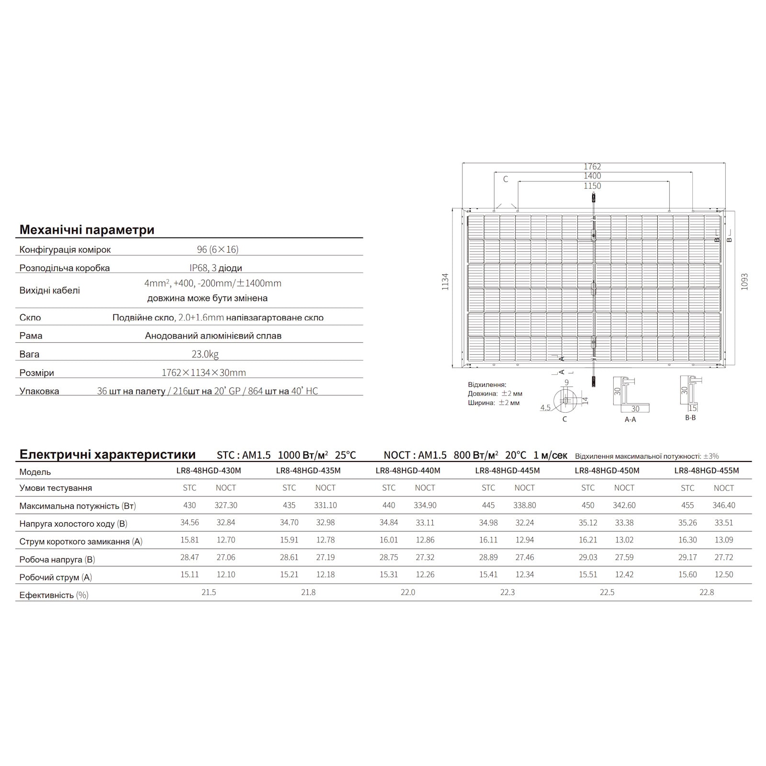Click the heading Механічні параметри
87,230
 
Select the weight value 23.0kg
205,354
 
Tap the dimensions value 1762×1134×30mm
203,372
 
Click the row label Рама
31,336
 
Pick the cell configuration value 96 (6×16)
217,249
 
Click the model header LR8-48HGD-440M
407,471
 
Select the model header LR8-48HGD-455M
706,471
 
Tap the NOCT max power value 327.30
226,505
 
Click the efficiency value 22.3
507,592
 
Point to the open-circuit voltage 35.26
687,523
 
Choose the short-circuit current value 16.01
389,540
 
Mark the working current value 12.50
723,574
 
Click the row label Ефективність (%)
54,595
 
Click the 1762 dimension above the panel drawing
592,167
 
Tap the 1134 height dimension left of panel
446,282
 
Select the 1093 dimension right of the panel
744,282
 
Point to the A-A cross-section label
630,419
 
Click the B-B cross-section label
690,418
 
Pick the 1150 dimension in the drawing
592,186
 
